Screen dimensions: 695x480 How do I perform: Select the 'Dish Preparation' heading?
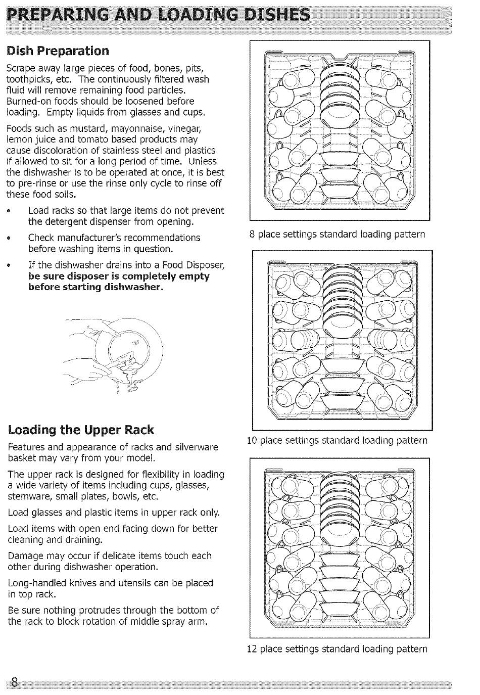click(57, 51)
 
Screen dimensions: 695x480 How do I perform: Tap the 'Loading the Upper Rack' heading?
click(81, 430)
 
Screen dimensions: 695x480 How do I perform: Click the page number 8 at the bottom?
click(14, 683)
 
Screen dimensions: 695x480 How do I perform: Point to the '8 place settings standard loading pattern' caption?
click(337, 235)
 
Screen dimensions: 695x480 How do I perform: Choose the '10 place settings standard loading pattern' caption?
click(337, 441)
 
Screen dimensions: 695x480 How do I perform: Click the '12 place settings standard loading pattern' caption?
click(337, 648)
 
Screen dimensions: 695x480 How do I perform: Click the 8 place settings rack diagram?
click(340, 131)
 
